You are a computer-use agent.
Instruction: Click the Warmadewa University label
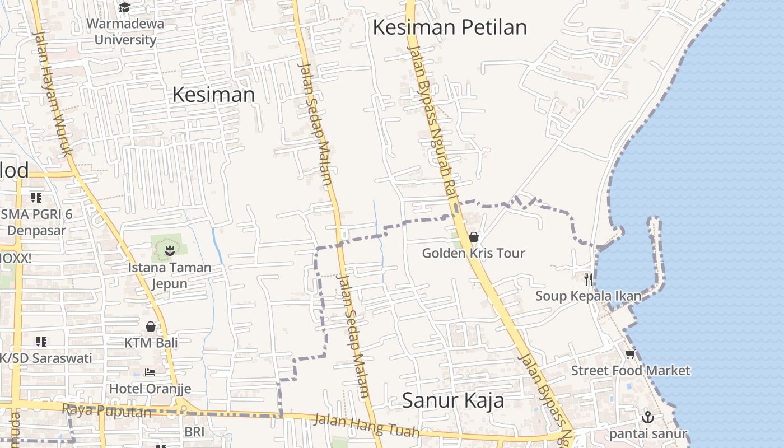(x=125, y=32)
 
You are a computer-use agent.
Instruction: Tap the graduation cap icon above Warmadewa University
(x=124, y=7)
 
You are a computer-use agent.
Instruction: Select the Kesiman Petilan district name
(x=450, y=27)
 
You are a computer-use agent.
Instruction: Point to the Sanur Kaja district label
(x=453, y=400)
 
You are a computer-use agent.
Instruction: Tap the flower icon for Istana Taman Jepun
(x=169, y=250)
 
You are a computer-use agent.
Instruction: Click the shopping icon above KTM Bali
(x=151, y=326)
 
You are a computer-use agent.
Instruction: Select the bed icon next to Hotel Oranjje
(x=150, y=372)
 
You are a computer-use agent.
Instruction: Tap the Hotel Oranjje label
(x=150, y=389)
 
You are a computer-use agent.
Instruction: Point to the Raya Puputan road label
(x=106, y=410)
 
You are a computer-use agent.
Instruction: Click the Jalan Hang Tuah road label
(x=366, y=425)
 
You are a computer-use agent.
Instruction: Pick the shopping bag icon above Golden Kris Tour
(x=474, y=237)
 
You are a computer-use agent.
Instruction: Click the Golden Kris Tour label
(x=473, y=253)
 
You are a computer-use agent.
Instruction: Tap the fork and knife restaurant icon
(x=588, y=279)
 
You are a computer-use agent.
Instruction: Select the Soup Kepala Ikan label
(x=588, y=296)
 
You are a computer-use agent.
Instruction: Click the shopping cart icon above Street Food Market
(x=631, y=354)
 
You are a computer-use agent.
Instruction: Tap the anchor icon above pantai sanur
(x=647, y=417)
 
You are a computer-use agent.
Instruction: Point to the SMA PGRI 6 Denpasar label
(x=36, y=222)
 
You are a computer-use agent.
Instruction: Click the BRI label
(x=194, y=432)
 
